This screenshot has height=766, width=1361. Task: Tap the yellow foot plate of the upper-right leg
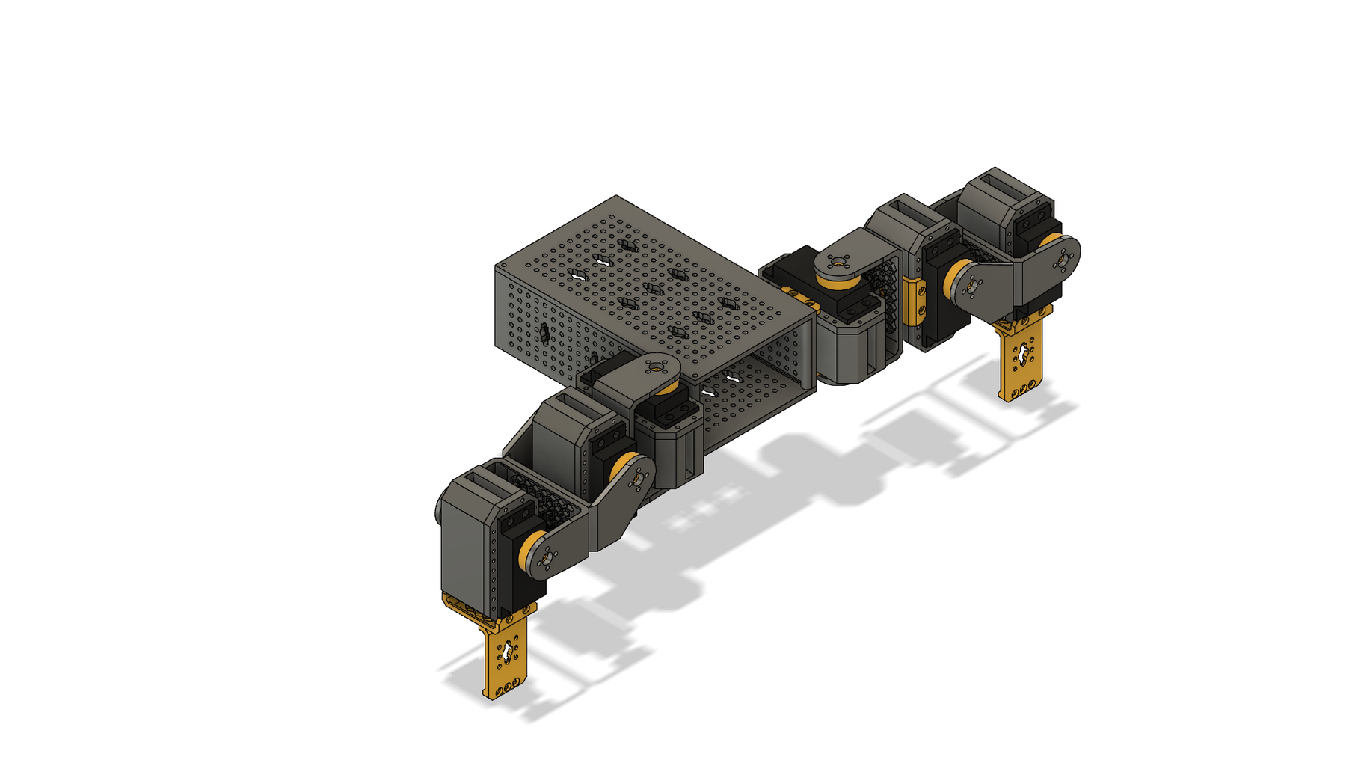click(x=1020, y=359)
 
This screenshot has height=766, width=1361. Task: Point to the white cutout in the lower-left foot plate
click(x=508, y=650)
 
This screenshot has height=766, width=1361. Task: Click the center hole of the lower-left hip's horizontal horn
click(x=657, y=367)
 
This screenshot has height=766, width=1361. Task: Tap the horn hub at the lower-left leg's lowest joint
click(x=547, y=557)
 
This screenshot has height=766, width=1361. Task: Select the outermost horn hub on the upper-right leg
click(x=1063, y=260)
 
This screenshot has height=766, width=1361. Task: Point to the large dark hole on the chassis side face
click(x=544, y=333)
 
